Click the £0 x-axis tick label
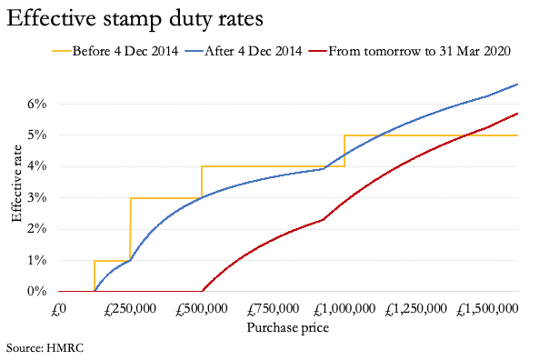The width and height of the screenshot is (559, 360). (x=58, y=311)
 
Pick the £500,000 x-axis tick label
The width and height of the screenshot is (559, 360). (x=202, y=311)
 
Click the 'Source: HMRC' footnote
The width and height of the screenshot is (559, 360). (x=44, y=348)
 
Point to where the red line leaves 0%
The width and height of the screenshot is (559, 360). (x=203, y=291)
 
